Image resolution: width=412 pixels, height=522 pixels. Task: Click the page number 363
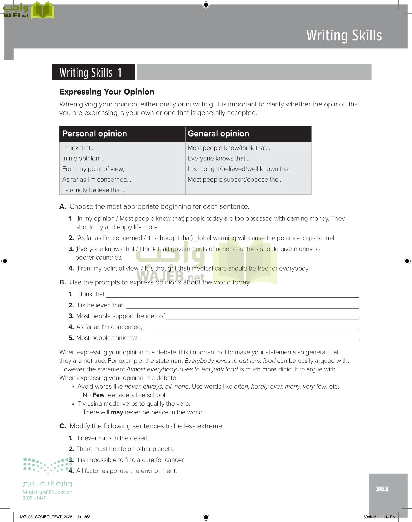tap(382, 489)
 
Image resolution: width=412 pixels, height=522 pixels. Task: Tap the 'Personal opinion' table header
tap(95, 134)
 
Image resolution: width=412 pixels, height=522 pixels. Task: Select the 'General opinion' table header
tap(218, 134)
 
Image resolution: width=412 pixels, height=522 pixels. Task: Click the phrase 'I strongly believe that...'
tap(94, 190)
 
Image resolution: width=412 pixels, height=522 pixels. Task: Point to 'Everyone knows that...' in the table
tap(218, 158)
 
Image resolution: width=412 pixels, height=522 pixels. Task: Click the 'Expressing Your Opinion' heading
tap(107, 92)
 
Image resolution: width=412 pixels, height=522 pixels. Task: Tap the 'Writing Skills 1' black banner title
tap(90, 72)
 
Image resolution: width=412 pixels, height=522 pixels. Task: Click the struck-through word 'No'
tap(86, 395)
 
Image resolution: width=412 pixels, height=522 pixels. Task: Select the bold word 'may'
tap(117, 412)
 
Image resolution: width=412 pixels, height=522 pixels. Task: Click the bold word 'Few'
tap(98, 395)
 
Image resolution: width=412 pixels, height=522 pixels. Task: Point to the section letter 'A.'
tap(63, 206)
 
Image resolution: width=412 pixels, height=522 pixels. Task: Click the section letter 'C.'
tap(63, 426)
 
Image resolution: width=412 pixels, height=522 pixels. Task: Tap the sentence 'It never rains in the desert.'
tap(112, 438)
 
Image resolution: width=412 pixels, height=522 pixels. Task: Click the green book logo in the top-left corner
tap(43, 10)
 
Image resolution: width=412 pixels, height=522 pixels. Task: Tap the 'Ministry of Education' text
tap(48, 492)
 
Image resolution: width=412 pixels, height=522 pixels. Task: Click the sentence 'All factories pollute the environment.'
tap(126, 471)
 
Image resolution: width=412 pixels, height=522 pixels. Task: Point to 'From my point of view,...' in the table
tap(95, 169)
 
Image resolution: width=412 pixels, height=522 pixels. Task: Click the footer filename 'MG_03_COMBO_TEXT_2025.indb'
tap(50, 517)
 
